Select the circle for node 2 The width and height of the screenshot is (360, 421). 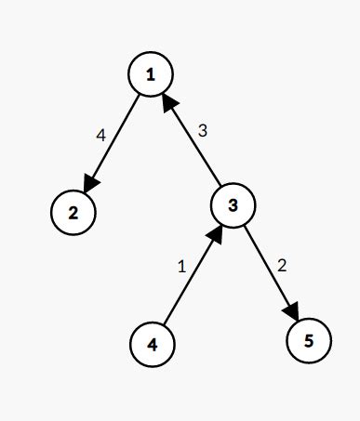(x=73, y=212)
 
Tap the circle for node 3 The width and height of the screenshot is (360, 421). (x=233, y=205)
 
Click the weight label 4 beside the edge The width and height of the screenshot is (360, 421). (x=100, y=135)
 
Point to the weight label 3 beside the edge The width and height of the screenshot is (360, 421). (x=203, y=131)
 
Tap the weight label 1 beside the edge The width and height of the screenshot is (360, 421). (x=181, y=266)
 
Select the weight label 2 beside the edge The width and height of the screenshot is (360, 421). (x=282, y=264)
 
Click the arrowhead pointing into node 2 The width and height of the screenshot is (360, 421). (x=91, y=181)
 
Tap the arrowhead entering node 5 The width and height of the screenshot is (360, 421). (x=292, y=310)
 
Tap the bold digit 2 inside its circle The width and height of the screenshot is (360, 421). (x=73, y=212)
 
